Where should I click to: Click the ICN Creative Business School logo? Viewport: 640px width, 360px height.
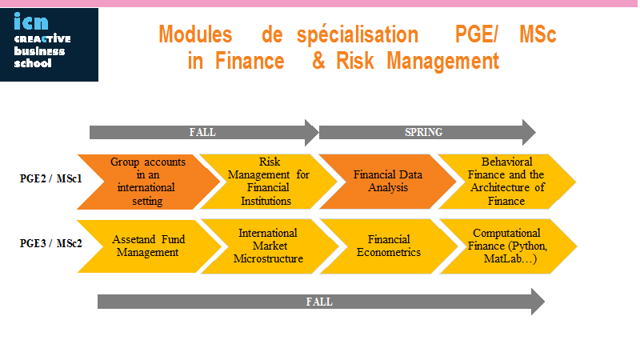pyautogui.click(x=49, y=45)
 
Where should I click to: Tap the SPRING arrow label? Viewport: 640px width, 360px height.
pyautogui.click(x=423, y=132)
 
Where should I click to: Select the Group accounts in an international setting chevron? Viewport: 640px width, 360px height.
pyautogui.click(x=148, y=182)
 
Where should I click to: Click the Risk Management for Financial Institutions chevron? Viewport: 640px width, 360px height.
pyautogui.click(x=268, y=182)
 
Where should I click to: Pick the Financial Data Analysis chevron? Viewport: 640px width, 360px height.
pyautogui.click(x=388, y=182)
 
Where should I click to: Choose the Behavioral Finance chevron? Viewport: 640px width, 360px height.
pyautogui.click(x=507, y=182)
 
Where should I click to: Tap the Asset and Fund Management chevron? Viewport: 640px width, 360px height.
pyautogui.click(x=149, y=246)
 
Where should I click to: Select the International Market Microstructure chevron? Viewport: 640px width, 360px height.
pyautogui.click(x=270, y=246)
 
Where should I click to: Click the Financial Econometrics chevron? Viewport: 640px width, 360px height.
pyautogui.click(x=389, y=246)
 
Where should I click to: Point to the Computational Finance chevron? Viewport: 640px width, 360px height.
pyautogui.click(x=508, y=246)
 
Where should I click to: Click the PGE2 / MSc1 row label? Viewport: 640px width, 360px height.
pyautogui.click(x=51, y=178)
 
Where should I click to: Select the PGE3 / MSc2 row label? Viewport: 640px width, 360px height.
pyautogui.click(x=51, y=244)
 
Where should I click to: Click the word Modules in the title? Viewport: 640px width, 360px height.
pyautogui.click(x=195, y=34)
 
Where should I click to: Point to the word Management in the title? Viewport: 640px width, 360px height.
pyautogui.click(x=443, y=62)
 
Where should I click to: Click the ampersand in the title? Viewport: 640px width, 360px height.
pyautogui.click(x=318, y=62)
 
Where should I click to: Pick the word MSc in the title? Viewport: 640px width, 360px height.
pyautogui.click(x=538, y=34)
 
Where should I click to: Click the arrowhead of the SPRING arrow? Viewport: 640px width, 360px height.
pyautogui.click(x=529, y=132)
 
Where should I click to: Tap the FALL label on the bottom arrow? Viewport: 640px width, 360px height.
pyautogui.click(x=319, y=302)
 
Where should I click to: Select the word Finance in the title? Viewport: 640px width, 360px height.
pyautogui.click(x=250, y=62)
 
